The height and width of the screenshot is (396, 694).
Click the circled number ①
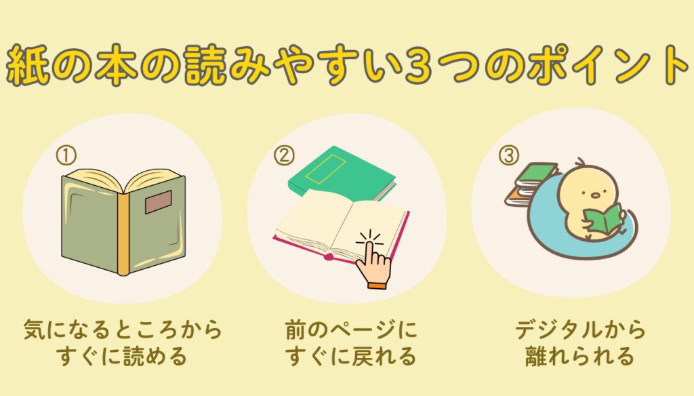pyautogui.click(x=66, y=155)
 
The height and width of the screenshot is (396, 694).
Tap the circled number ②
pyautogui.click(x=284, y=155)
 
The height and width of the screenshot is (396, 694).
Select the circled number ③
pyautogui.click(x=509, y=155)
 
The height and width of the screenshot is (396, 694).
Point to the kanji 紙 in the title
pyautogui.click(x=27, y=64)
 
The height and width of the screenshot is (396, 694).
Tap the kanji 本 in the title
pyautogui.click(x=117, y=64)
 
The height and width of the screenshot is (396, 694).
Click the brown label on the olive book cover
pyautogui.click(x=158, y=202)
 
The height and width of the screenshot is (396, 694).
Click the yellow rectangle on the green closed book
pyautogui.click(x=325, y=169)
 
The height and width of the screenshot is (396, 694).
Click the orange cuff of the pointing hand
pyautogui.click(x=377, y=285)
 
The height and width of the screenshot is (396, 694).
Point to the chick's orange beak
pyautogui.click(x=596, y=195)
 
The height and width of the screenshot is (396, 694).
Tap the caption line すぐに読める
pyautogui.click(x=122, y=356)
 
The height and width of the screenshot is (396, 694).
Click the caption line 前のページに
pyautogui.click(x=351, y=330)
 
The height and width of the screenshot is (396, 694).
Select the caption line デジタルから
pyautogui.click(x=580, y=330)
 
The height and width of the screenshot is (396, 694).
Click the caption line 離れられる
pyautogui.click(x=580, y=356)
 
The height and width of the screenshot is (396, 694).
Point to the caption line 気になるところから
pyautogui.click(x=123, y=330)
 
